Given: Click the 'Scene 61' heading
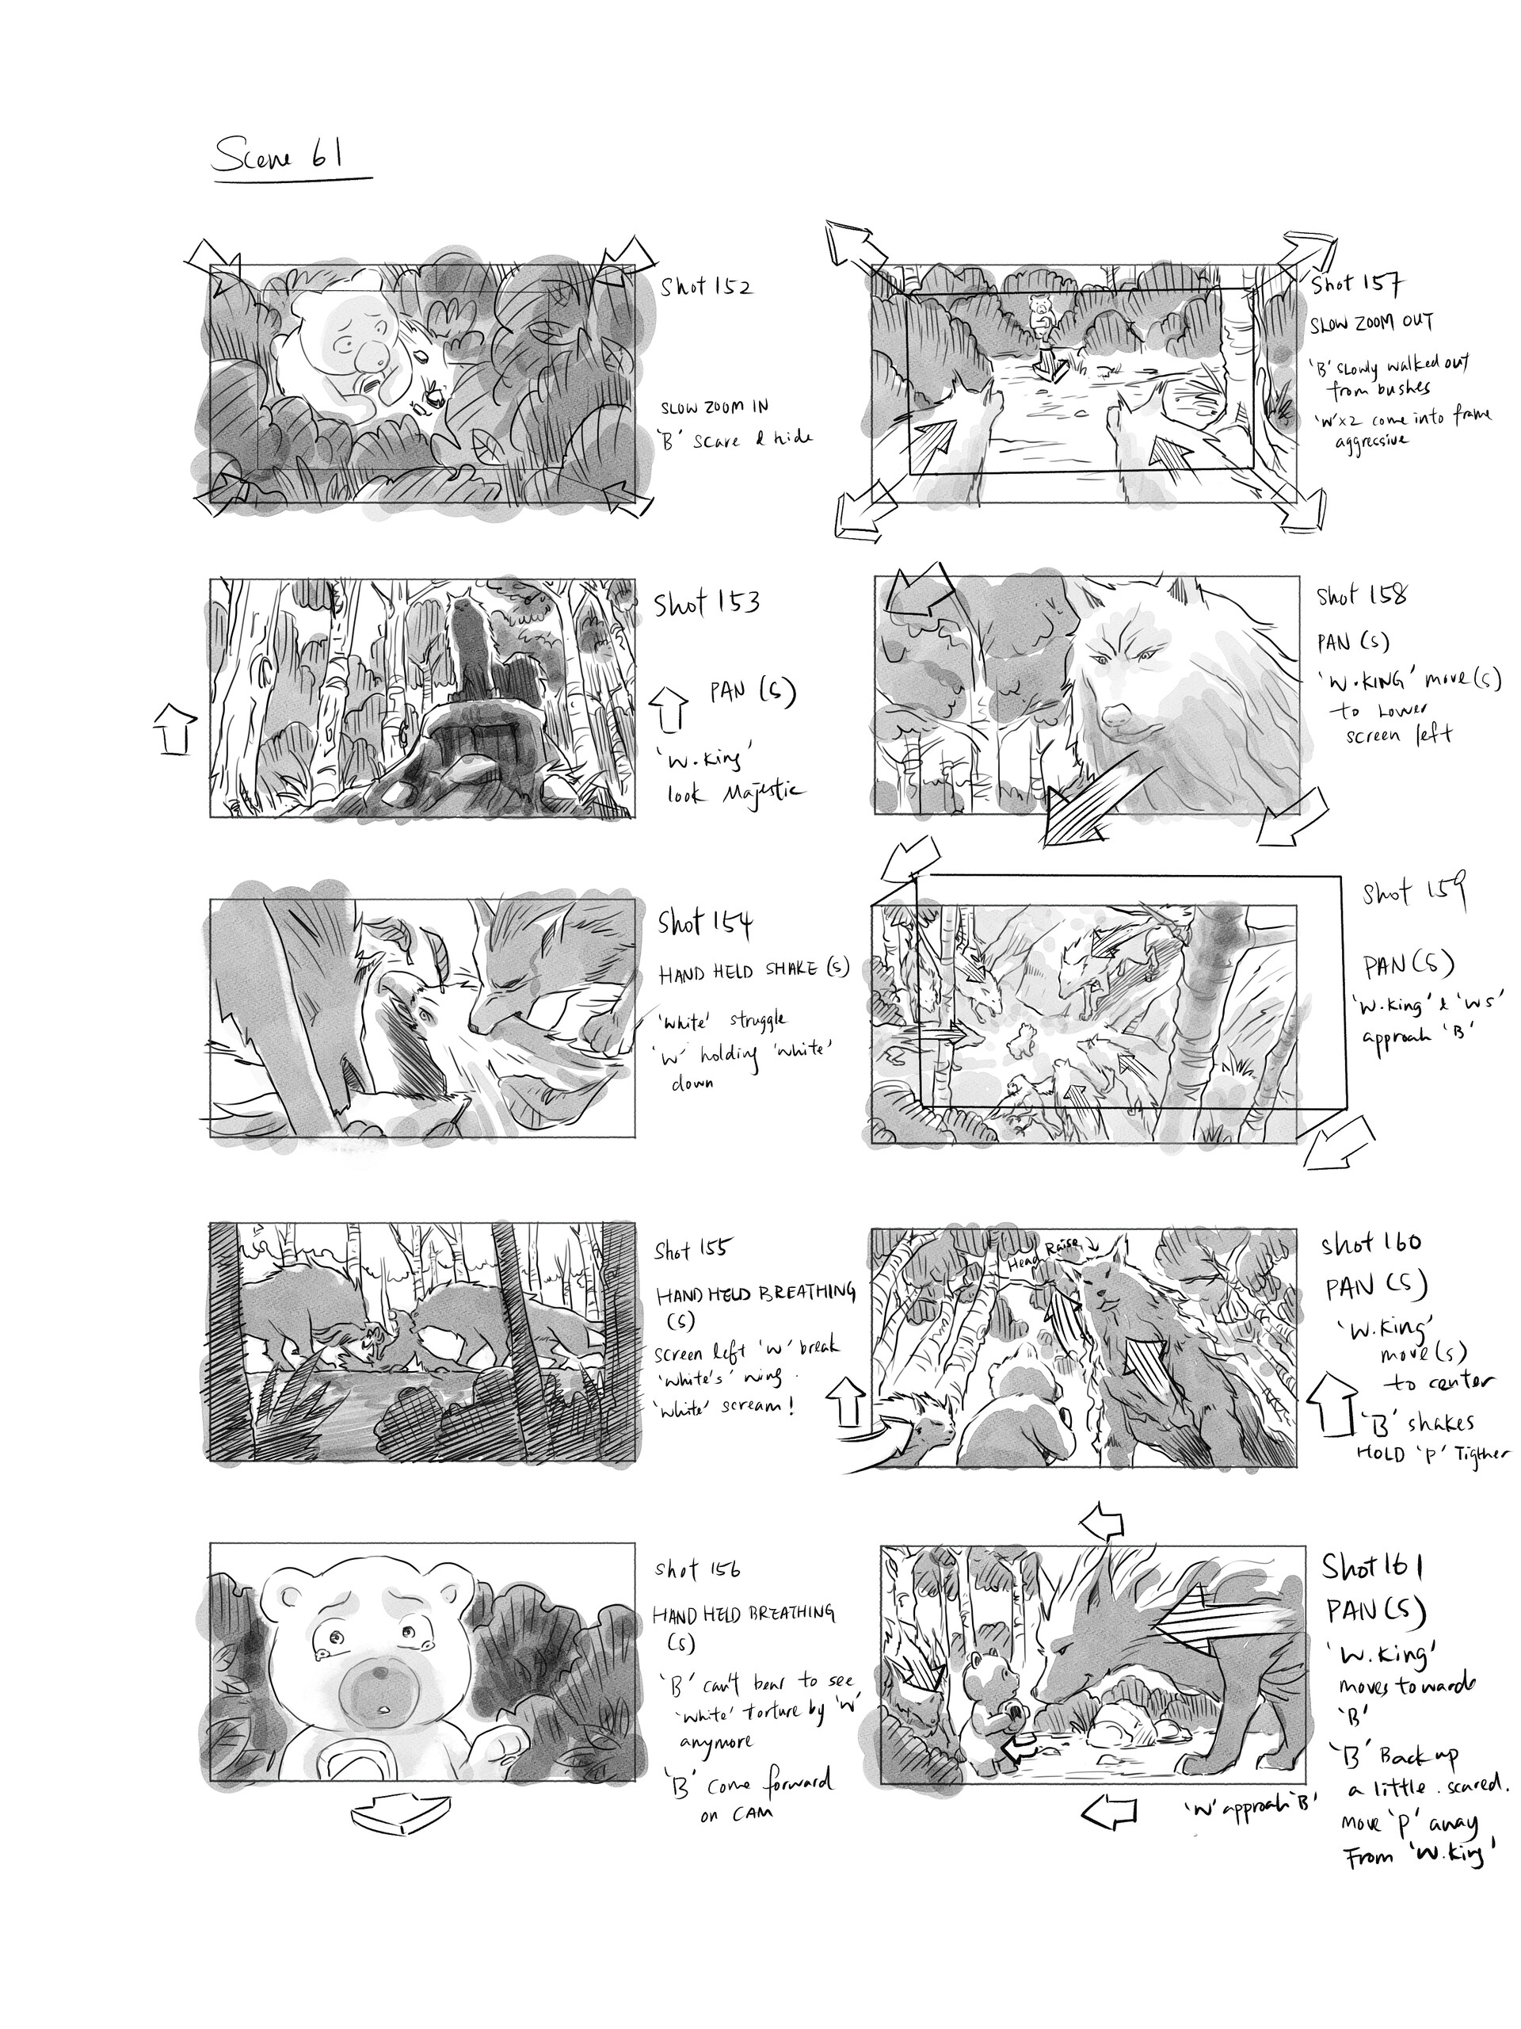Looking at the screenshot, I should pyautogui.click(x=278, y=156).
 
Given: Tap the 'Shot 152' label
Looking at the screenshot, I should pyautogui.click(x=705, y=287).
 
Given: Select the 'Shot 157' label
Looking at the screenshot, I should pyautogui.click(x=1356, y=285).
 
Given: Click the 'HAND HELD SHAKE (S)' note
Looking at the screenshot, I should pyautogui.click(x=753, y=969).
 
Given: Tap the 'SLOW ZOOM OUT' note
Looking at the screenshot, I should pyautogui.click(x=1370, y=323).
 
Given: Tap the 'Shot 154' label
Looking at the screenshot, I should pyautogui.click(x=703, y=923).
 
